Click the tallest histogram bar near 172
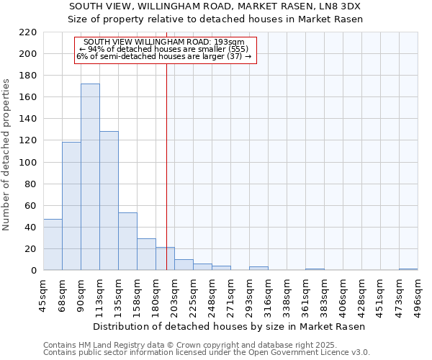pyautogui.click(x=90, y=177)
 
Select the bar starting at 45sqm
pyautogui.click(x=53, y=245)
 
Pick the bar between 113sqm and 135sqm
pyautogui.click(x=109, y=201)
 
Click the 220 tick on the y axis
pyautogui.click(x=29, y=32)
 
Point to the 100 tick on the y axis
pyautogui.click(x=29, y=162)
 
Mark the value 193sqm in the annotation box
pyautogui.click(x=232, y=42)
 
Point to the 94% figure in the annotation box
pyautogui.click(x=103, y=49)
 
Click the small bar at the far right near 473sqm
pyautogui.click(x=408, y=269)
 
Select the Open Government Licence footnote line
pyautogui.click(x=207, y=353)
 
